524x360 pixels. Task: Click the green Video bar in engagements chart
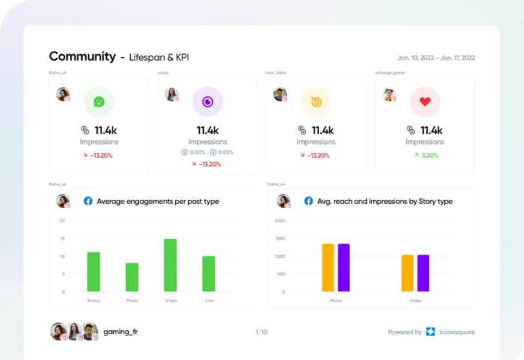tap(170, 265)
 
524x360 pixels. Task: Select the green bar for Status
tap(94, 271)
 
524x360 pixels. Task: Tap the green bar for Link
tap(208, 273)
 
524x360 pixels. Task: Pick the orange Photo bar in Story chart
tap(328, 267)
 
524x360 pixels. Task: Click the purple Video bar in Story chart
tap(423, 273)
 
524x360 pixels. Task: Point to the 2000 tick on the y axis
tap(279, 220)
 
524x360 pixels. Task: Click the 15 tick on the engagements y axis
tap(62, 238)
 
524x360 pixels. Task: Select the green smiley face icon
tap(99, 101)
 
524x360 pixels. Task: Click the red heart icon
tap(425, 101)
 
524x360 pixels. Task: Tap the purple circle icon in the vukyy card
tap(208, 101)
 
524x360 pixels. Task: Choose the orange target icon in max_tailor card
tap(316, 101)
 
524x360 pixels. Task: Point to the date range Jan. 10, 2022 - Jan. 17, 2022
tap(436, 58)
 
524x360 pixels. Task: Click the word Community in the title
tap(82, 56)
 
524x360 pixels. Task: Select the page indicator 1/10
tap(261, 332)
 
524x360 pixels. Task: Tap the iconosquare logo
tap(431, 332)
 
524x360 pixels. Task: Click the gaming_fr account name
tap(121, 332)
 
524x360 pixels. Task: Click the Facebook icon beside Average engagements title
tap(88, 201)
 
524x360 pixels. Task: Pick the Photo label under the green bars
tap(131, 301)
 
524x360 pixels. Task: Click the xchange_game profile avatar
tap(388, 94)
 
